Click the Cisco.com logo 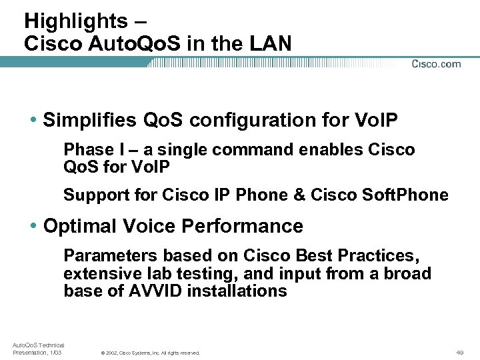click(436, 64)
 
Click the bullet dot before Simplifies click(33, 121)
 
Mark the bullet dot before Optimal click(33, 227)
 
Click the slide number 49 click(460, 352)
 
